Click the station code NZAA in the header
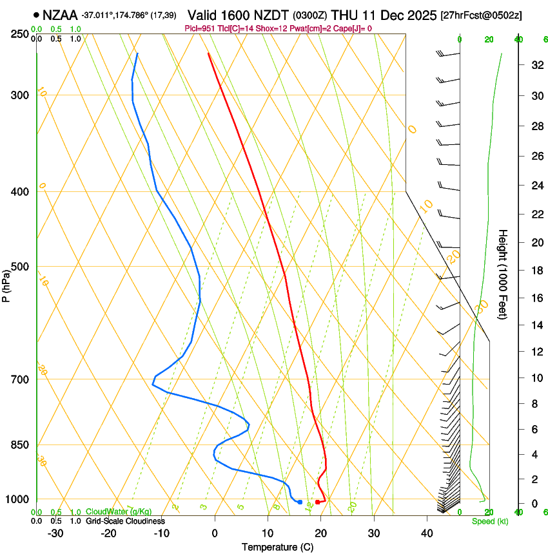(x=60, y=14)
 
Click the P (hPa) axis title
(x=6, y=283)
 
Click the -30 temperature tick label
(x=55, y=533)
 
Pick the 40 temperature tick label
(x=427, y=533)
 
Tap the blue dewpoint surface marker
(x=300, y=502)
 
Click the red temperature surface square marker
(x=317, y=502)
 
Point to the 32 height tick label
(x=534, y=65)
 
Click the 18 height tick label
(x=534, y=271)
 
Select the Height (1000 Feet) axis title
(x=504, y=274)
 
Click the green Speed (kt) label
(x=489, y=521)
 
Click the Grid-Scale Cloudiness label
(x=125, y=521)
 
